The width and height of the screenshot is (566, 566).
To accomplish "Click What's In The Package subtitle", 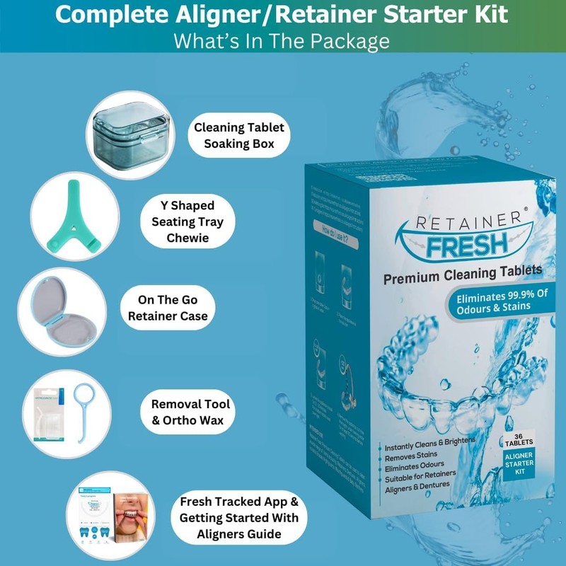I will [x=282, y=40].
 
